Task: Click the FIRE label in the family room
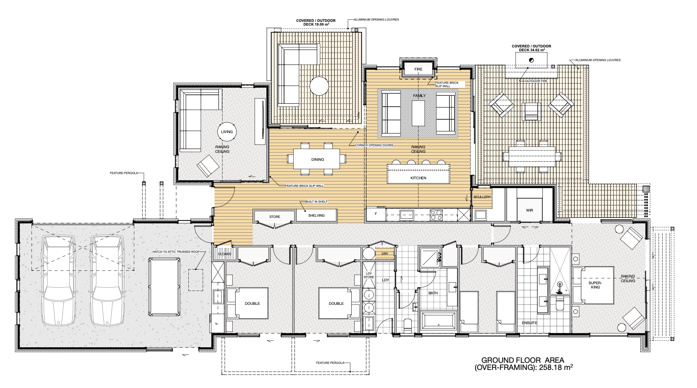pyautogui.click(x=418, y=69)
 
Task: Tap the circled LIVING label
pyautogui.click(x=227, y=132)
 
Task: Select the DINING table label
pyautogui.click(x=318, y=160)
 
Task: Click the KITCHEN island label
pyautogui.click(x=418, y=178)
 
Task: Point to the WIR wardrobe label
pyautogui.click(x=529, y=210)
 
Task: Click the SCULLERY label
pyautogui.click(x=482, y=197)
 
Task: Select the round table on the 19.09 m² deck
pyautogui.click(x=319, y=86)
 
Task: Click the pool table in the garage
pyautogui.click(x=164, y=287)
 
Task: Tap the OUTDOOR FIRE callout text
pyautogui.click(x=537, y=81)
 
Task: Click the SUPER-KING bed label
pyautogui.click(x=595, y=285)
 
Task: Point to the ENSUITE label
pyautogui.click(x=529, y=323)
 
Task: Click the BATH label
pyautogui.click(x=433, y=293)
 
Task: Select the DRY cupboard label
pyautogui.click(x=385, y=254)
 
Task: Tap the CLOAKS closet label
pyautogui.click(x=224, y=254)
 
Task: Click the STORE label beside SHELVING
pyautogui.click(x=274, y=217)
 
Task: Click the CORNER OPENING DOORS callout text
pyautogui.click(x=374, y=145)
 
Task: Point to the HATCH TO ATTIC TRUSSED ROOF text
pyautogui.click(x=176, y=252)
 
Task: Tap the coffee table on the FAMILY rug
pyautogui.click(x=418, y=113)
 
